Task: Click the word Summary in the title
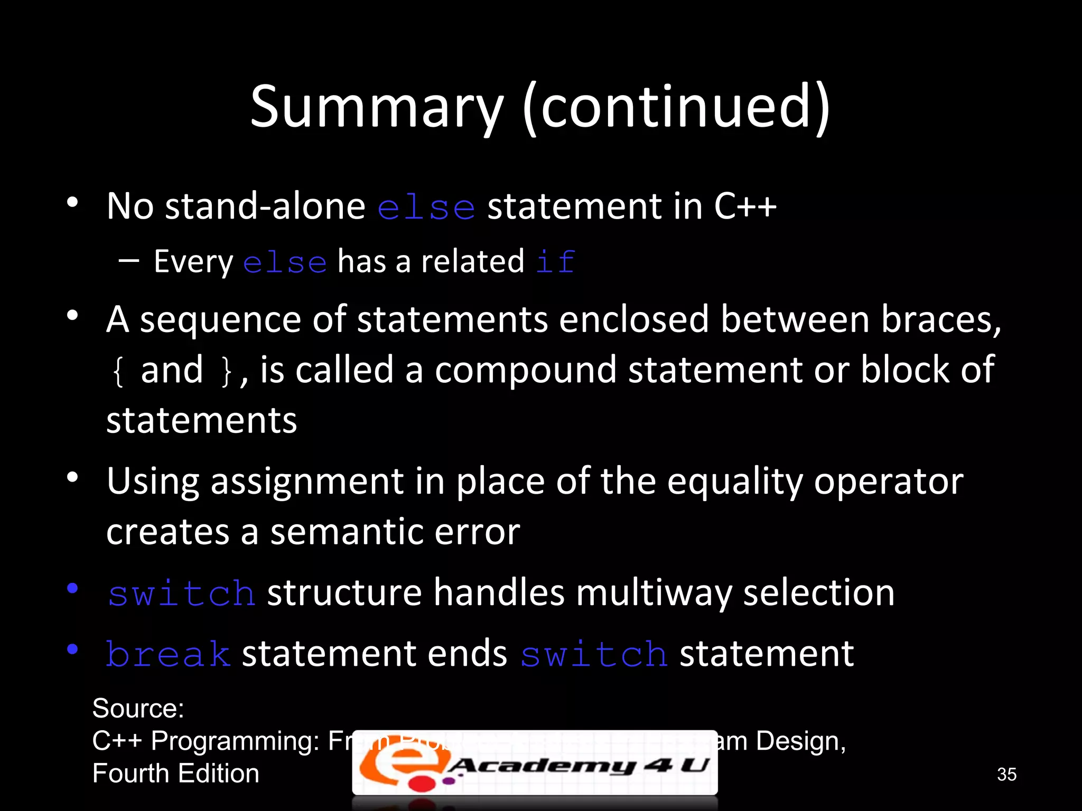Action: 377,107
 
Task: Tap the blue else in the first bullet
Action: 426,207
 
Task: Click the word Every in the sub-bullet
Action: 193,262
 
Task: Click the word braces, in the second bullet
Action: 940,320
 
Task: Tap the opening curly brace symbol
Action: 118,371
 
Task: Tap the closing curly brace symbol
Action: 226,371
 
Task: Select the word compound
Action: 525,370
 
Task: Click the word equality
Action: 734,482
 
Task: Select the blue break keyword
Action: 168,654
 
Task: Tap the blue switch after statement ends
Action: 594,654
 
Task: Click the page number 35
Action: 1006,774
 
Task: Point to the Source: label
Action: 138,708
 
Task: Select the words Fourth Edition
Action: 175,774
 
